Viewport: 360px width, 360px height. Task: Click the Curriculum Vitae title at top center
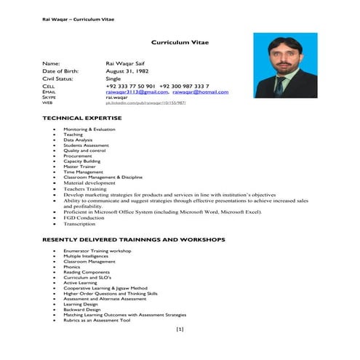(180, 43)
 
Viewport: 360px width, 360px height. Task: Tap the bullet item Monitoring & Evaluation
(89, 129)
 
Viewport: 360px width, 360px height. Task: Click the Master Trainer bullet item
(79, 166)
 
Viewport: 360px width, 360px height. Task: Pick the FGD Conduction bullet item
(84, 218)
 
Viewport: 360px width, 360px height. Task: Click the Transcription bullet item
(79, 224)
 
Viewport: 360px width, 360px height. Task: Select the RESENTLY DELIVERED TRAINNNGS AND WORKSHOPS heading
(134, 239)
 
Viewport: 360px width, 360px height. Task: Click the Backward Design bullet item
(82, 309)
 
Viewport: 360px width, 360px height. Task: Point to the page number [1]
(180, 329)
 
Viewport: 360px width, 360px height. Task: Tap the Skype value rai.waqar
(117, 98)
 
